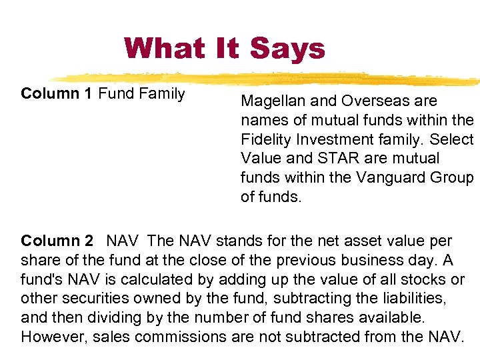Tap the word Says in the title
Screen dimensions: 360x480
(x=287, y=48)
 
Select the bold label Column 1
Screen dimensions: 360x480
(x=57, y=93)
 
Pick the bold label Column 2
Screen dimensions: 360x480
(x=57, y=240)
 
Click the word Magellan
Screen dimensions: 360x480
(x=271, y=101)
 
